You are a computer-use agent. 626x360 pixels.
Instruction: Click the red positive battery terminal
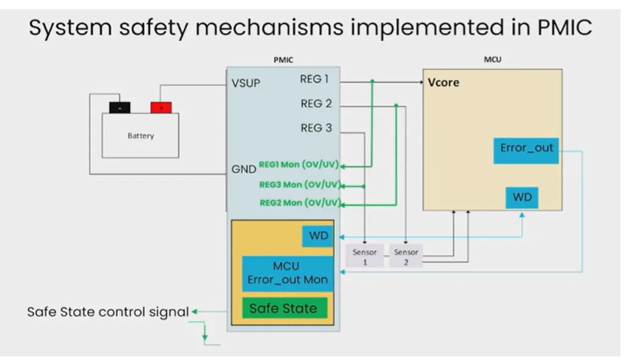[x=161, y=107]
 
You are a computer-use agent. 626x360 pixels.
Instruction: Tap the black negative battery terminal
[x=120, y=107]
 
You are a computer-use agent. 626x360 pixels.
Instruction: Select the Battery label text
[x=140, y=136]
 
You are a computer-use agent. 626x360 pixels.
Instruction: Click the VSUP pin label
[x=246, y=83]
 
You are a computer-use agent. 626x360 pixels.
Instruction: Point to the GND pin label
[x=243, y=169]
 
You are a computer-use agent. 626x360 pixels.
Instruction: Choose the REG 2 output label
[x=316, y=104]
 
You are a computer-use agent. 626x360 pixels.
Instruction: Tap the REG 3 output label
[x=316, y=128]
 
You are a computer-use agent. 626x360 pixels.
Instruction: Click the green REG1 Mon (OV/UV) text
[x=299, y=165]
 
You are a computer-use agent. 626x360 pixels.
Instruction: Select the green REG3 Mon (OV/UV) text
[x=299, y=184]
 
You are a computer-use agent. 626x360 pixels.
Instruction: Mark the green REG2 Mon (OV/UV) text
[x=299, y=203]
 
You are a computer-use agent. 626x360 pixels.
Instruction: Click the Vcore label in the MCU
[x=444, y=82]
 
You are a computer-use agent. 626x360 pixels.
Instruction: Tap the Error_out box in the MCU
[x=525, y=151]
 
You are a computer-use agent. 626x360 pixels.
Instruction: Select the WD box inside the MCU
[x=522, y=198]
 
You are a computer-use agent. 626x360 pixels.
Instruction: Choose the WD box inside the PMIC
[x=318, y=236]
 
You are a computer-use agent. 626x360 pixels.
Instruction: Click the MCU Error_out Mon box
[x=287, y=273]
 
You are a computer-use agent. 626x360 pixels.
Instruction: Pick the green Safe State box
[x=283, y=308]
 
